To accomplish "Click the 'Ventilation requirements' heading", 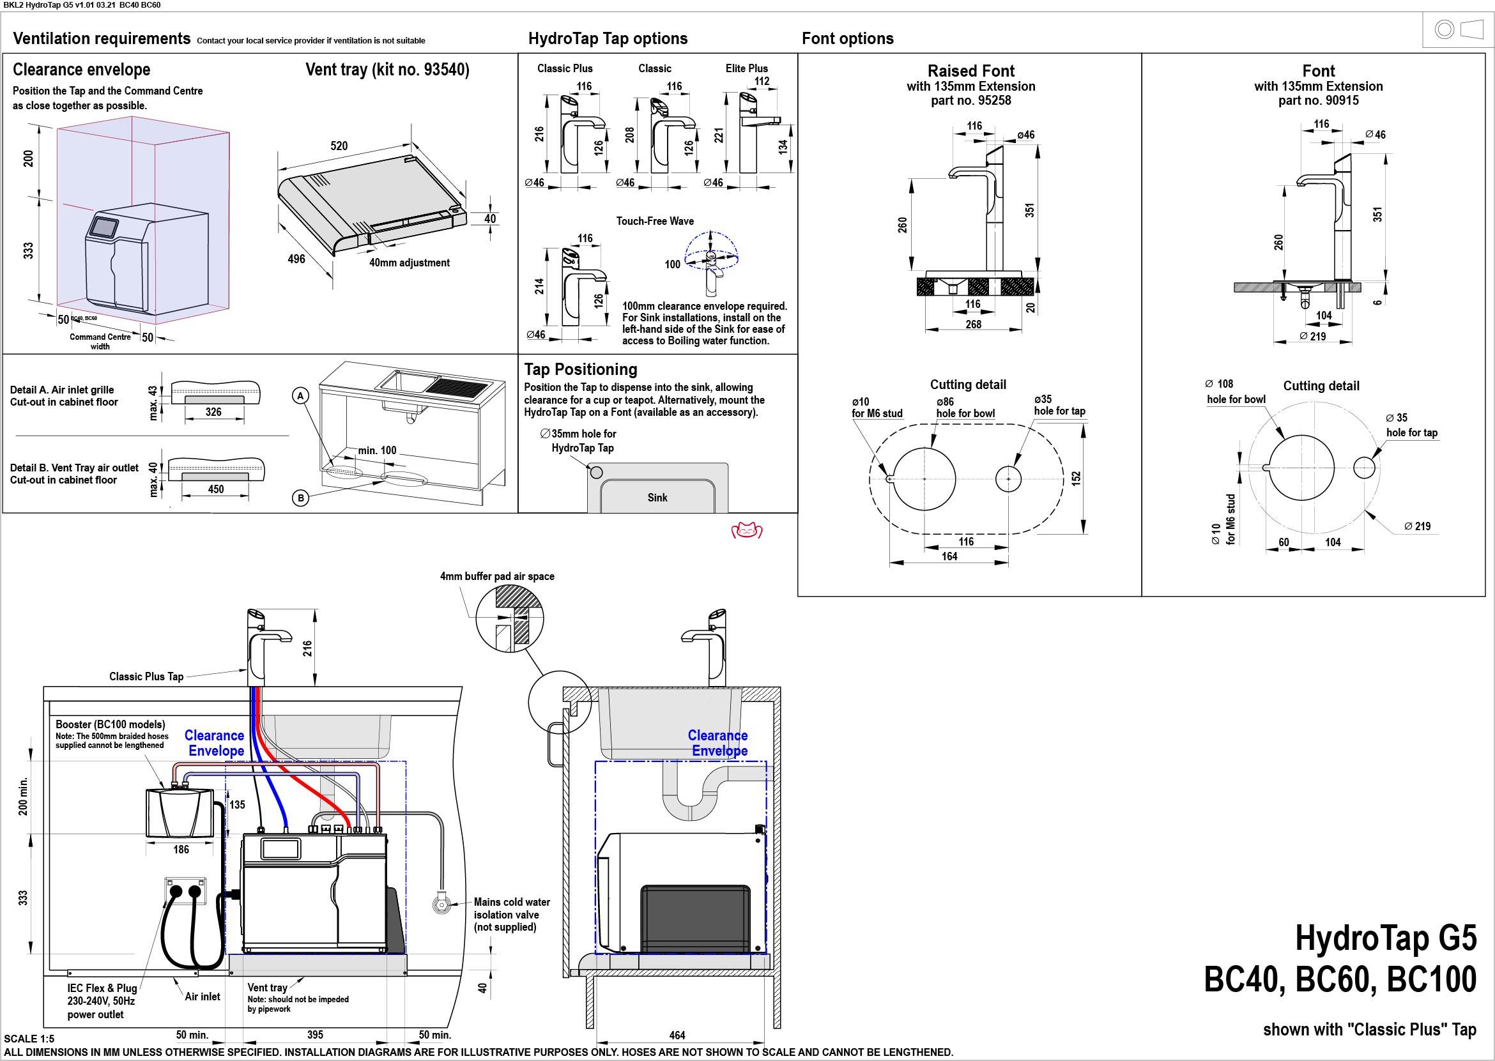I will point(102,38).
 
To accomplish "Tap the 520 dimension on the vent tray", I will point(339,146).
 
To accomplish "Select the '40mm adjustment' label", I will point(409,263).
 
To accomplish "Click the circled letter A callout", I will point(300,395).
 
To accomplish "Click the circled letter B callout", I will point(300,498).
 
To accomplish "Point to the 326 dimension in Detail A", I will point(213,412).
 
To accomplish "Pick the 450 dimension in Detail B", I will point(216,489).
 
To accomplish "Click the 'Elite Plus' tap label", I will point(746,68).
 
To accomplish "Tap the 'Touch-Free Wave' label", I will point(655,221).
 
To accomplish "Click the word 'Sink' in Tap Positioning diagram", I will point(657,498).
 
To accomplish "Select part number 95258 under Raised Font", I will point(971,101).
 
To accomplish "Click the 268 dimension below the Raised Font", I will point(973,324).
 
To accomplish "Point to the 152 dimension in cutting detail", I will point(1076,478).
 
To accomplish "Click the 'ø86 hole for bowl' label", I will point(965,408).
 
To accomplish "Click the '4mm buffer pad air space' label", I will point(496,576).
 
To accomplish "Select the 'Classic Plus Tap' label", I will point(146,676).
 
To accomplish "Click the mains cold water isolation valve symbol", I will point(441,905).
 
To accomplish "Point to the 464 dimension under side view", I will point(677,1035).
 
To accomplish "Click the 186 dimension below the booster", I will point(181,850).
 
